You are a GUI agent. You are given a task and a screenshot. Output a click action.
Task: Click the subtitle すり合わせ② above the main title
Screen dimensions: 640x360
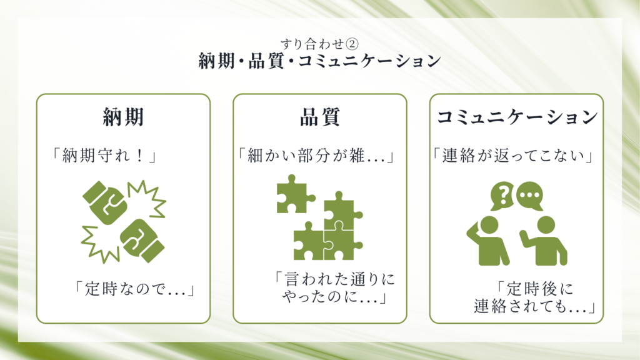(319, 44)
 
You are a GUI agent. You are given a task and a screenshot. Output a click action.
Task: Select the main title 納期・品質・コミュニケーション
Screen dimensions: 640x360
(319, 61)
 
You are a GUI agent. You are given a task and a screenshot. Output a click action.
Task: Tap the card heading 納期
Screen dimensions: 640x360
(123, 117)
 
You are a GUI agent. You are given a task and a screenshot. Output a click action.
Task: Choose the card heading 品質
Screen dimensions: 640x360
(320, 117)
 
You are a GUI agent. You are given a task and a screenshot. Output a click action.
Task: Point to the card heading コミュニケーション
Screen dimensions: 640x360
(517, 117)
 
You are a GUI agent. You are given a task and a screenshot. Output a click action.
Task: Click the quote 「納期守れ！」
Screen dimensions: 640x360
(104, 156)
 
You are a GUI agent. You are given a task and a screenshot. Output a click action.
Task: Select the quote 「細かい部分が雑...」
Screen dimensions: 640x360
(316, 156)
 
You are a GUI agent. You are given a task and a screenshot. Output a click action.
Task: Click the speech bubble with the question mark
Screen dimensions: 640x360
(502, 195)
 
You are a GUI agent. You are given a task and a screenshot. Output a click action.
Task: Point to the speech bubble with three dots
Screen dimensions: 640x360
(530, 195)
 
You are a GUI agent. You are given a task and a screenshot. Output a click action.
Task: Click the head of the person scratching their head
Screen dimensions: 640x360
(489, 226)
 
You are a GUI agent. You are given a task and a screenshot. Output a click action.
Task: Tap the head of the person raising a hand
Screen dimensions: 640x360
(546, 226)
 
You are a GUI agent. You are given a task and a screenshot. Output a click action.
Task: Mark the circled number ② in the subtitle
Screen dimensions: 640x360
(352, 44)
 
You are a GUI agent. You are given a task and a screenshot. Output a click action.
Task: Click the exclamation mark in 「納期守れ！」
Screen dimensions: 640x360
(139, 156)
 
